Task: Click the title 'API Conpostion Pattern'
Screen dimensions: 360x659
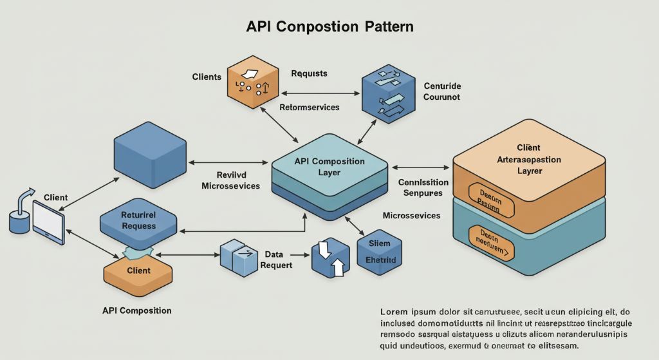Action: [x=329, y=27]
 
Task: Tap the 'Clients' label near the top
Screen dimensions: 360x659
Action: [x=207, y=77]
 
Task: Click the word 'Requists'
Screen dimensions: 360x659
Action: [x=309, y=73]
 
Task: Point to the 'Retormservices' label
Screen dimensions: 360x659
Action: [x=309, y=107]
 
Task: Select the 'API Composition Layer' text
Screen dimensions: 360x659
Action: [x=329, y=167]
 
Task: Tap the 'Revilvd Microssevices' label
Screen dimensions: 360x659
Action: [x=230, y=180]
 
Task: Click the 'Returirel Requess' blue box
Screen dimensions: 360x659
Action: [x=138, y=221]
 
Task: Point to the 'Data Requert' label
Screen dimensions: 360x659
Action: [x=278, y=260]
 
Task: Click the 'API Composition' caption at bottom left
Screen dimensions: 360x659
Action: [x=136, y=310]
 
